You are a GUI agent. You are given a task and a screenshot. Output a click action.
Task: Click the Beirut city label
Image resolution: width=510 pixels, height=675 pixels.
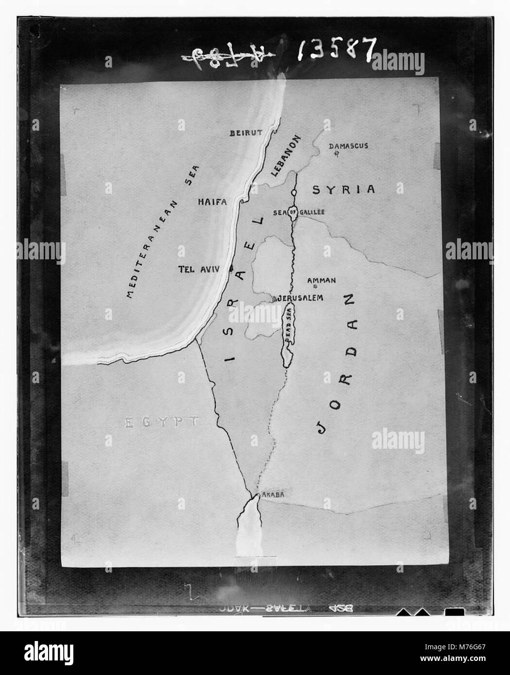(x=247, y=133)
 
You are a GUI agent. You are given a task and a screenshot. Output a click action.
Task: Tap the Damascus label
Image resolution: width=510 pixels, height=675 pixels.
(x=349, y=146)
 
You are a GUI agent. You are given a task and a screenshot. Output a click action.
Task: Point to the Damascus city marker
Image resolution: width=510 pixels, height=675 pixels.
(x=335, y=154)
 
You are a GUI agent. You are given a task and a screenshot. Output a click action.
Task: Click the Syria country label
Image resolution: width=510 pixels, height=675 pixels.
(x=344, y=189)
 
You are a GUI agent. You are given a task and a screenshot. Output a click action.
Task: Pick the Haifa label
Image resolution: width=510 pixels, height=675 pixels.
(x=213, y=202)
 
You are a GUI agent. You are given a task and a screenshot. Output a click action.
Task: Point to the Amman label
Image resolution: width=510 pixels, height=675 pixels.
(x=322, y=280)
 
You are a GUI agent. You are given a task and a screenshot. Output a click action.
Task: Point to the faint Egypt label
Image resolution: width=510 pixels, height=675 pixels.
(x=161, y=422)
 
